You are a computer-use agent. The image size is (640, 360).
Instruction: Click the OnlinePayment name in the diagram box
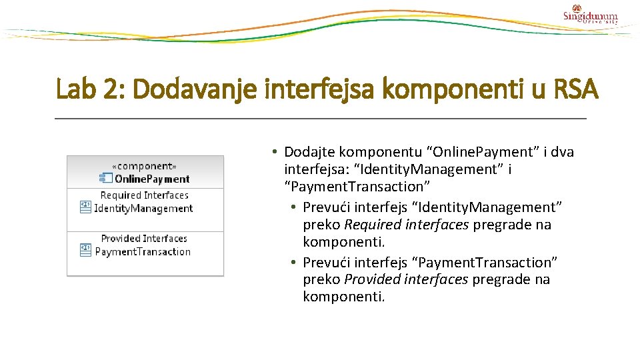[x=152, y=179]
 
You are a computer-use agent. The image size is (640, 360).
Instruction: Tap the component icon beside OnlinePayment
[x=105, y=178]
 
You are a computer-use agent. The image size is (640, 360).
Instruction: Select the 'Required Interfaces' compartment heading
[x=145, y=195]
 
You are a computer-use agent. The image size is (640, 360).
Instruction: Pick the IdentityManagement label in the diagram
[x=143, y=208]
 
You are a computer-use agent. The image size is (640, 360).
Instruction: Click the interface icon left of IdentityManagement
[x=85, y=207]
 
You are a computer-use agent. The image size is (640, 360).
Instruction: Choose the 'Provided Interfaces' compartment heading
[x=144, y=239]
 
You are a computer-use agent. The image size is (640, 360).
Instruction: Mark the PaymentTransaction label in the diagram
[x=143, y=251]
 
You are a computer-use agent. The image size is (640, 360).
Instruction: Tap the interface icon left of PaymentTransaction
[x=85, y=251]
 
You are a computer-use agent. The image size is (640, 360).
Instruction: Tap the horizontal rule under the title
[x=320, y=119]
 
